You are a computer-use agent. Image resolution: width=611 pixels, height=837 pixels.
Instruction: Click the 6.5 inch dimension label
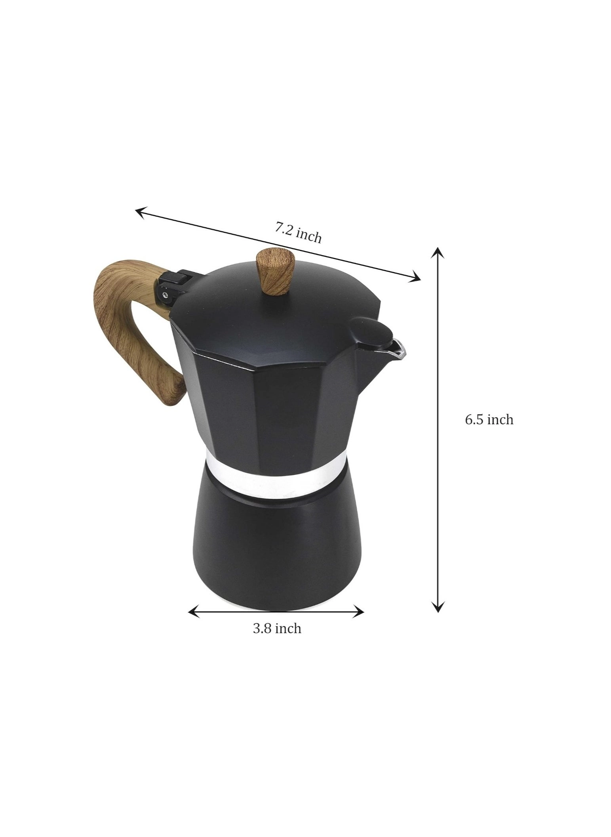tap(489, 420)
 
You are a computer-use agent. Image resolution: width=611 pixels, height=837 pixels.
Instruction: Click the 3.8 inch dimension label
tap(277, 639)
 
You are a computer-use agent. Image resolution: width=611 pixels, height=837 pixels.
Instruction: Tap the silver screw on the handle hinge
tap(164, 294)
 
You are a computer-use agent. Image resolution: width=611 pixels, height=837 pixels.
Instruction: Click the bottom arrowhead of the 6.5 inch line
tap(437, 608)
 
